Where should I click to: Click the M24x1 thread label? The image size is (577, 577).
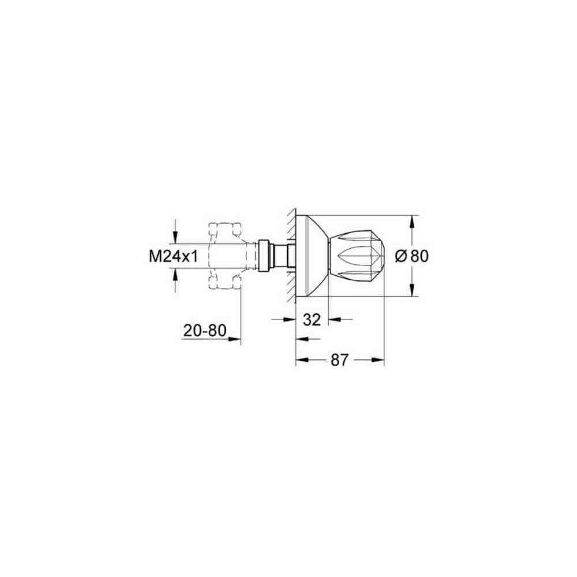tap(173, 256)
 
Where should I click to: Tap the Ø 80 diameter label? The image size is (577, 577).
tap(412, 256)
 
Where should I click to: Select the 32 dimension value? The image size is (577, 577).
tap(312, 320)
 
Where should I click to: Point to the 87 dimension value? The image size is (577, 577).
tap(339, 360)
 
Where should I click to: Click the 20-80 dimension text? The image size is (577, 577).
tap(205, 331)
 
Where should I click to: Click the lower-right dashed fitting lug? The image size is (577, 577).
tap(236, 282)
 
